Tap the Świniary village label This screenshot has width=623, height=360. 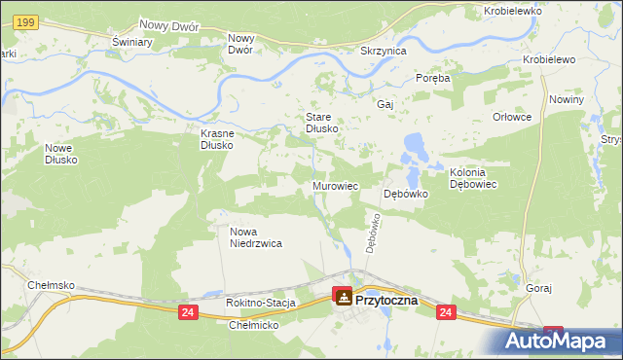pos(131,43)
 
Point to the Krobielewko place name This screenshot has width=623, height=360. pos(512,12)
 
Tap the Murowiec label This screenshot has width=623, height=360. pos(336,185)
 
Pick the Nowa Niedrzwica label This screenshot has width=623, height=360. pos(256,238)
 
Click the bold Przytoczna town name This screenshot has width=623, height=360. pos(387,301)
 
